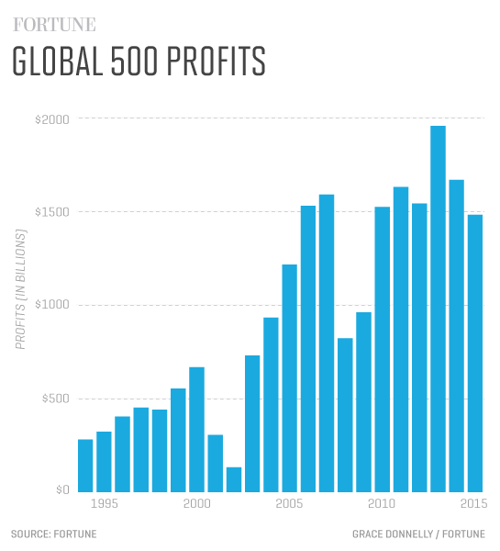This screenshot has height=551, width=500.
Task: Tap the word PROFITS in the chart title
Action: tap(211, 62)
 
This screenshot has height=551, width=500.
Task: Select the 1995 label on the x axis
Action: tap(104, 503)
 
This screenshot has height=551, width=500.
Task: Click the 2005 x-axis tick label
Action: tap(289, 503)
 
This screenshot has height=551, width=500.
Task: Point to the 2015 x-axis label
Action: tap(474, 503)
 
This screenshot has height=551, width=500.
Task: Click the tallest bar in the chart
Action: tap(438, 308)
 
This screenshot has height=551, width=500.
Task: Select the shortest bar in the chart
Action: tap(234, 479)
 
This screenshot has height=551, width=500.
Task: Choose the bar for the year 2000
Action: tap(196, 429)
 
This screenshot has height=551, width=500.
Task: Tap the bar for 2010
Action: tap(382, 349)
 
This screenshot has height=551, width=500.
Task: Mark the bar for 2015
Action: tap(474, 353)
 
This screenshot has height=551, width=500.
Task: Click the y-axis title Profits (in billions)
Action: tap(19, 287)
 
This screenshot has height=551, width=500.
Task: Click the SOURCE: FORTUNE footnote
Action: tap(53, 534)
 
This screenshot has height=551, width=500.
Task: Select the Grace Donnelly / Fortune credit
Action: tap(419, 534)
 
